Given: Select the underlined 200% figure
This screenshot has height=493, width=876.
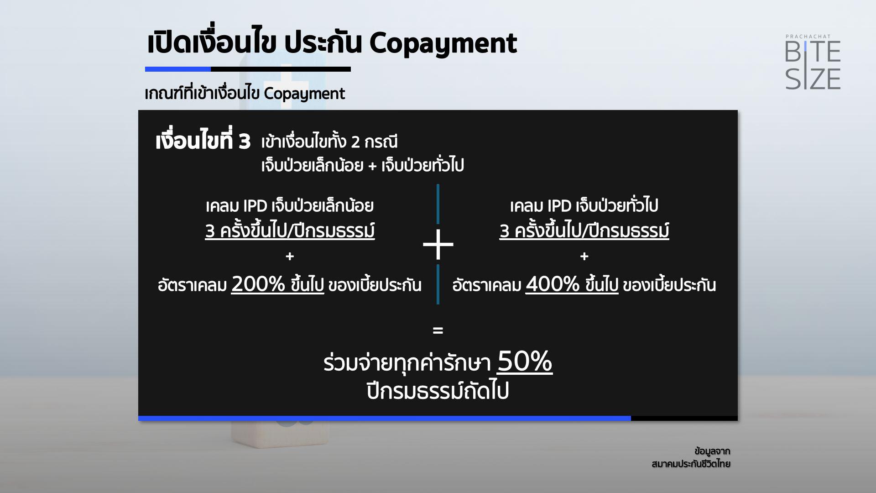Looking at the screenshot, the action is point(258,284).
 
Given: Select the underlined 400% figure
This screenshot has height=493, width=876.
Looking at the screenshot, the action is point(553,284).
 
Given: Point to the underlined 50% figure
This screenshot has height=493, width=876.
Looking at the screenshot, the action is point(525,362).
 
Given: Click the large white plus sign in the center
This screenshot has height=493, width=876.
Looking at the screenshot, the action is point(438,245).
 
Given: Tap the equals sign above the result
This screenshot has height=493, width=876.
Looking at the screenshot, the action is point(438,330).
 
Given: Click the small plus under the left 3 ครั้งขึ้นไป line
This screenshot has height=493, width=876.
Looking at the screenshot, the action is point(290,257).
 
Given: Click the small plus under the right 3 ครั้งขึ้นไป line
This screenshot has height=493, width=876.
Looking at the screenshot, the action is point(584,257).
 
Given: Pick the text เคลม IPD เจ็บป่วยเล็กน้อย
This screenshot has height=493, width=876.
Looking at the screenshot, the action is point(290,206).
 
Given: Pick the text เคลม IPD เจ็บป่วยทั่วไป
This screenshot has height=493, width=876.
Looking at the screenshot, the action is point(584,206).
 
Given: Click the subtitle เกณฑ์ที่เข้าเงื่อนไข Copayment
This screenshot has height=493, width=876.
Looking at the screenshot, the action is point(245,94).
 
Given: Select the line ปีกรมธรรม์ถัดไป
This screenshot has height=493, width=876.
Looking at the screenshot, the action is point(438,391).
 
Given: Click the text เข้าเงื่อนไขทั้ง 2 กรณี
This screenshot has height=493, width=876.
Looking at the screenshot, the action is point(329,142).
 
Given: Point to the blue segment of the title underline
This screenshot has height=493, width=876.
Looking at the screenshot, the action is point(178,69).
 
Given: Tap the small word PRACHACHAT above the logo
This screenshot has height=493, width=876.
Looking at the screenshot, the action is point(808,37).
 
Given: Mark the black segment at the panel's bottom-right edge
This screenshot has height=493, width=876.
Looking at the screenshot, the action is point(684,418).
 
